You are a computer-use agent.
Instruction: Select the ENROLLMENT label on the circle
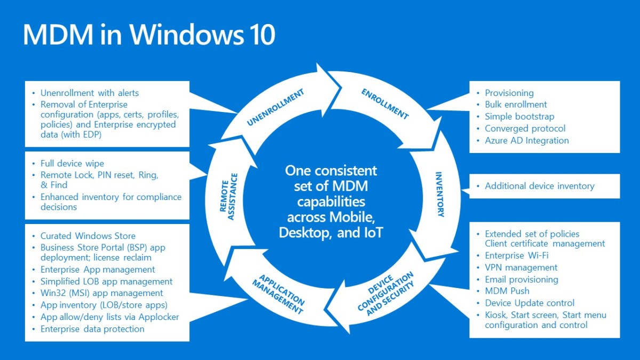pos(385,103)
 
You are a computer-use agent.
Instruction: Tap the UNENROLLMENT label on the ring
pos(275,107)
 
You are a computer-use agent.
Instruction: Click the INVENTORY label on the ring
pos(439,194)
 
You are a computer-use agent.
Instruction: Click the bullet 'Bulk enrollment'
pos(515,105)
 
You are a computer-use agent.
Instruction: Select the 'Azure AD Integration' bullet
pos(526,141)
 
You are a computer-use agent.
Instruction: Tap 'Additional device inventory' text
pos(539,186)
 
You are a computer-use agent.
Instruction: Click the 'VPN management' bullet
pos(521,268)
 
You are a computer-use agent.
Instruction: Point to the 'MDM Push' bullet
pos(507,291)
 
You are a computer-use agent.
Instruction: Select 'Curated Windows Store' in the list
pos(88,236)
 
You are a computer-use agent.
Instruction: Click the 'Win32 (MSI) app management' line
pos(101,293)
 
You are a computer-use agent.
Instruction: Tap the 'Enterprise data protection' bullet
pos(92,329)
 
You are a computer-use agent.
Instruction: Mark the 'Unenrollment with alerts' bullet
pos(90,93)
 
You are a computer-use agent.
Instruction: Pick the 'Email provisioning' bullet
pos(521,279)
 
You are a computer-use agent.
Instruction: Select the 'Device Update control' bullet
pos(529,303)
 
